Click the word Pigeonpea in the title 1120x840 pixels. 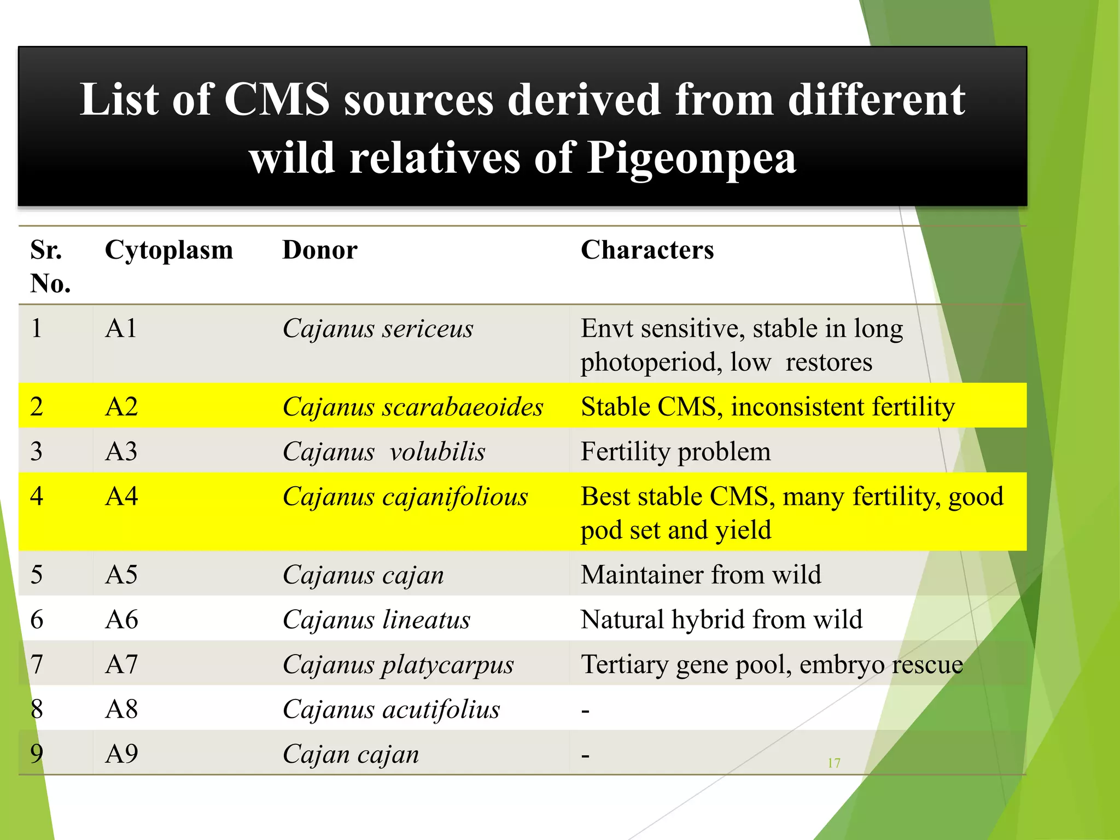(x=692, y=158)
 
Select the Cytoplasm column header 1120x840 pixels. (x=168, y=250)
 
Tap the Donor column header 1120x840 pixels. (x=319, y=250)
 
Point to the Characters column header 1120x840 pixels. (x=647, y=250)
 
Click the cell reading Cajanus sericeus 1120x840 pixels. (x=377, y=329)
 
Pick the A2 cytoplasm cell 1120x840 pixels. (x=121, y=407)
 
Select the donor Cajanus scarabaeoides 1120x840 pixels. (x=413, y=407)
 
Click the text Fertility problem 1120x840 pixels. (x=675, y=452)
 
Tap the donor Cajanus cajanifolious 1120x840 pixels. (x=405, y=497)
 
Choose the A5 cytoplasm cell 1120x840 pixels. (x=121, y=575)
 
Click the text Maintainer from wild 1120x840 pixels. (x=701, y=575)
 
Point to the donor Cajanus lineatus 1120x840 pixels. (x=376, y=620)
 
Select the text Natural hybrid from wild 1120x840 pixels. (x=721, y=620)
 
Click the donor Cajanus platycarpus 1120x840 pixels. (x=398, y=664)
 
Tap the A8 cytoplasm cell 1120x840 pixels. (x=121, y=709)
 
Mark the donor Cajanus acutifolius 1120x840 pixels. (x=391, y=709)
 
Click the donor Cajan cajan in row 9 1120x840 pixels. (x=351, y=754)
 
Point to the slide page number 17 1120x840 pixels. (x=833, y=763)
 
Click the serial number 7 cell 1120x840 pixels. (x=37, y=664)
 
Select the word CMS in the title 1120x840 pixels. (x=277, y=100)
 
